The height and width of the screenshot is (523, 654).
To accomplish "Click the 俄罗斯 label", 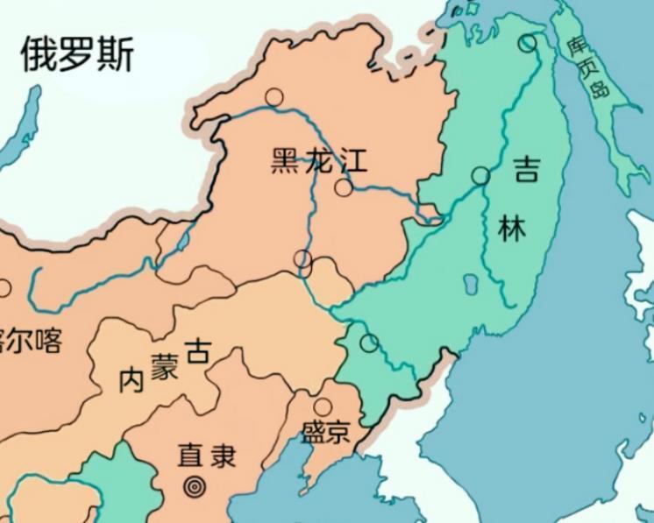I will tap(77, 54).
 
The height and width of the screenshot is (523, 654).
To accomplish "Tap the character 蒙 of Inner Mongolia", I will tap(164, 367).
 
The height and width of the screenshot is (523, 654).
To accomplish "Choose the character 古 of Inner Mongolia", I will tap(199, 352).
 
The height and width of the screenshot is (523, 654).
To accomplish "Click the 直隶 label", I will tap(207, 456).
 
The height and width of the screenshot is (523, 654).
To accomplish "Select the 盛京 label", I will tap(325, 434).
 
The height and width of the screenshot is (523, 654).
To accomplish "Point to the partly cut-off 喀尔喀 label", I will tap(32, 341).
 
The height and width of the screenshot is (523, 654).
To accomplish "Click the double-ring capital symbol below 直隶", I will tap(192, 484).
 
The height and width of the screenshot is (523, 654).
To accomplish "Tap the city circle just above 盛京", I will tap(323, 406).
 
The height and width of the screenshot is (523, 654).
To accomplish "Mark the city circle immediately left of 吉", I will tap(480, 175).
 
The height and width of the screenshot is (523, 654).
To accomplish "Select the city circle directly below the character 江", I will tap(344, 187).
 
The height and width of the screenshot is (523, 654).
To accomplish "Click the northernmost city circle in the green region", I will tap(526, 42).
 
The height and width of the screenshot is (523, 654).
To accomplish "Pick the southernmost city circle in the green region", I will tap(369, 343).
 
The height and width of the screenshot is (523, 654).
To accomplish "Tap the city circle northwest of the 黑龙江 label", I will tap(274, 97).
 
